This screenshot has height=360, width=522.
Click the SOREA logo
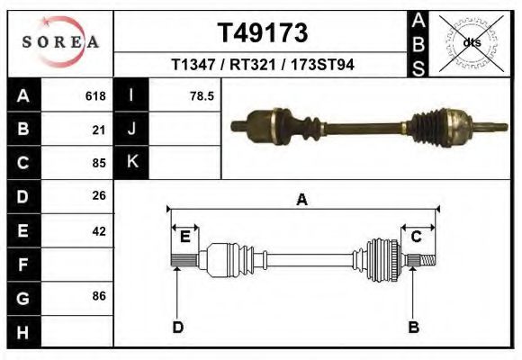tap(60, 42)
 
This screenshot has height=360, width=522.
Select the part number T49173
tap(263, 33)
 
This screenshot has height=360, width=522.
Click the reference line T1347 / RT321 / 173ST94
tap(263, 65)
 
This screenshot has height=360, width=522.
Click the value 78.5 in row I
tap(202, 95)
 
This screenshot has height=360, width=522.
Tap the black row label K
tap(131, 162)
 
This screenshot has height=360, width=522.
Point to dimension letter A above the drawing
tap(301, 200)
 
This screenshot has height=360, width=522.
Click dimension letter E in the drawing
tap(184, 237)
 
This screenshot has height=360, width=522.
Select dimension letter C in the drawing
tap(417, 237)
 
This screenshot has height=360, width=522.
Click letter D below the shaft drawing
tap(178, 327)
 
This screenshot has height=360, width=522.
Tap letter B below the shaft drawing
tap(414, 327)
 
